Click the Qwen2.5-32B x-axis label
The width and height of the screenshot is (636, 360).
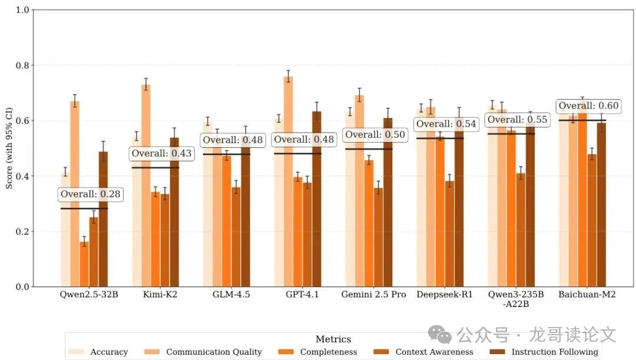coord(89,295)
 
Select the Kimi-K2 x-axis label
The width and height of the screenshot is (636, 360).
coord(155,295)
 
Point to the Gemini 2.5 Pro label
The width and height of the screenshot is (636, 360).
coord(373,295)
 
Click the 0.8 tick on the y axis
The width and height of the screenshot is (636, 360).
coord(22,65)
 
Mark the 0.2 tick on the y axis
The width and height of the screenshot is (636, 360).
coord(22,232)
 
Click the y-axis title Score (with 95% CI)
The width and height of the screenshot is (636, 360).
coord(9,148)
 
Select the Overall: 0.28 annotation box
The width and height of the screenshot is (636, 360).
coord(91,194)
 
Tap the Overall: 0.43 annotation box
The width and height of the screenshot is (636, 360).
coord(161,154)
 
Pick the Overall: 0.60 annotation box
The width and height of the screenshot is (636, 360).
coord(588,106)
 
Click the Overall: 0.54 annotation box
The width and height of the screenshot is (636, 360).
coord(445,124)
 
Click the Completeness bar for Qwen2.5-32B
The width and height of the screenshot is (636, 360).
coord(84,264)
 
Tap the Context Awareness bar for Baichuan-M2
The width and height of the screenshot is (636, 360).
coord(592,220)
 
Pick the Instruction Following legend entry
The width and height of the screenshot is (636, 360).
coord(544,352)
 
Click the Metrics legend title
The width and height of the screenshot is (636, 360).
coord(333,339)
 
